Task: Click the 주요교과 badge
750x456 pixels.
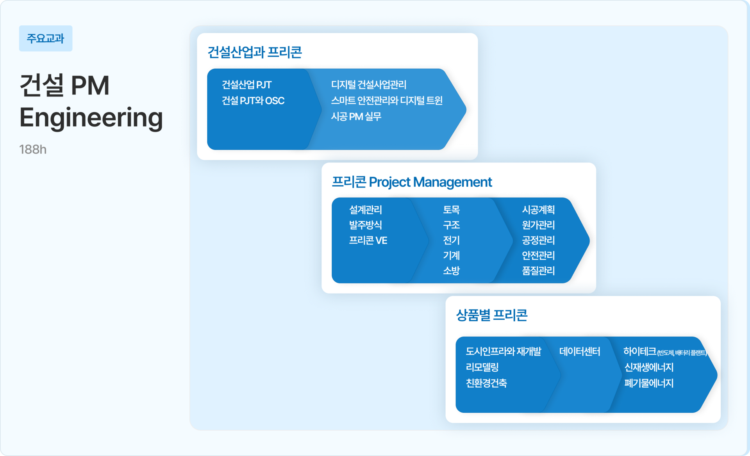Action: pyautogui.click(x=46, y=38)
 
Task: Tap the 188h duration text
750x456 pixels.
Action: pyautogui.click(x=33, y=150)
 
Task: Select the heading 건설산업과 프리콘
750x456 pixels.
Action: pyautogui.click(x=254, y=52)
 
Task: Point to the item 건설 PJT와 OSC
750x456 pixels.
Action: pyautogui.click(x=253, y=101)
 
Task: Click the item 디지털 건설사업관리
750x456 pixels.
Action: pyautogui.click(x=369, y=85)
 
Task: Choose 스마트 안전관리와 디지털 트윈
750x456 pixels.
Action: pyautogui.click(x=387, y=101)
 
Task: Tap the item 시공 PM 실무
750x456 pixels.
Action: pyautogui.click(x=356, y=117)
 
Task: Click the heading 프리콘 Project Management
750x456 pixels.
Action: pyautogui.click(x=412, y=182)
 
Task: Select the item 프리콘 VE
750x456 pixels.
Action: pyautogui.click(x=368, y=240)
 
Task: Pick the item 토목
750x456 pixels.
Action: pyautogui.click(x=452, y=210)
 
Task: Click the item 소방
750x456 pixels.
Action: pyautogui.click(x=452, y=271)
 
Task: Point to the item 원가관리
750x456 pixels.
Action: pyautogui.click(x=538, y=225)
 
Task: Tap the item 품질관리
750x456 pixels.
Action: pyautogui.click(x=538, y=271)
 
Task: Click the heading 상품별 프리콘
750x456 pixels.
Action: pyautogui.click(x=492, y=315)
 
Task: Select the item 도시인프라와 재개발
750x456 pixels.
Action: pyautogui.click(x=504, y=352)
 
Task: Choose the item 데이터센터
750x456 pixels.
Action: pyautogui.click(x=580, y=352)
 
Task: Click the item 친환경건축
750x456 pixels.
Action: pyautogui.click(x=486, y=383)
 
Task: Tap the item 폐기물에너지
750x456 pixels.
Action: pyautogui.click(x=649, y=383)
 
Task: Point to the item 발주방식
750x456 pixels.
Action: pyautogui.click(x=366, y=225)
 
